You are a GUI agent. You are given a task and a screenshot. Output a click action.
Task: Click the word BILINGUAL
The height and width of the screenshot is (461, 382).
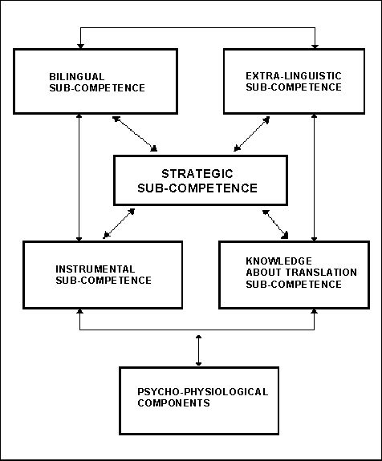(76, 77)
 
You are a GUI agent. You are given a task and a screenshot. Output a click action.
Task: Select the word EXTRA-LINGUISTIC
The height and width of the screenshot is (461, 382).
(294, 76)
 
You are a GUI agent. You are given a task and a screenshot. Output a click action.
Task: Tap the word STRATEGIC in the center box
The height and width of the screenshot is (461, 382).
(197, 174)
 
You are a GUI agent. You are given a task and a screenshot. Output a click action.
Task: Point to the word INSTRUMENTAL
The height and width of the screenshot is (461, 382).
(95, 269)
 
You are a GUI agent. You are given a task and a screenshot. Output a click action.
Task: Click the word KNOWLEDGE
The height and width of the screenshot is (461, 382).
(279, 261)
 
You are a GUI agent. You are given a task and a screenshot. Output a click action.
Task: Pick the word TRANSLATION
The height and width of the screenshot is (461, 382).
(318, 273)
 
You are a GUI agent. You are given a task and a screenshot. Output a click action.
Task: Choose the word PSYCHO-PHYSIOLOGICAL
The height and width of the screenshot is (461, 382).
(203, 391)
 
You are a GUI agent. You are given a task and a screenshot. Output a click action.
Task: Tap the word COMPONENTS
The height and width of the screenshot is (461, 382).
(173, 402)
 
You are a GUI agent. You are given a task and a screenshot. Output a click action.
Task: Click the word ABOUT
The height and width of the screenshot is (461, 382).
(261, 273)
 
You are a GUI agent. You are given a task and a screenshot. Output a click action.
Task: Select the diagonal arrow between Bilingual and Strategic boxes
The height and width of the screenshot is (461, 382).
(135, 134)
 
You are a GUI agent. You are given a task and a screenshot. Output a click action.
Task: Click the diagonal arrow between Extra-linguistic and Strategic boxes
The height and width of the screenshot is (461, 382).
(252, 134)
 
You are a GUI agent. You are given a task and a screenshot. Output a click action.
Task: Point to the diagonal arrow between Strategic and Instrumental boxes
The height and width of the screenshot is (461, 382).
(119, 224)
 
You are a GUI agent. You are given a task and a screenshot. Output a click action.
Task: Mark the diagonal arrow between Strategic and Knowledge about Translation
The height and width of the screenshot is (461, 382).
(275, 224)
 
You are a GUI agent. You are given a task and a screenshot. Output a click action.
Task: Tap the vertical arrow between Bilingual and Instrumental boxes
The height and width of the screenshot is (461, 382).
(79, 177)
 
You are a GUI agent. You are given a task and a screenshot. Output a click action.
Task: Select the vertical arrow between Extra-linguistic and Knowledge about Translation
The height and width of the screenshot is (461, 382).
(315, 177)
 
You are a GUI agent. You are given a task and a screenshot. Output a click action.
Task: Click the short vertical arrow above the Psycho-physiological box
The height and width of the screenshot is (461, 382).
(199, 350)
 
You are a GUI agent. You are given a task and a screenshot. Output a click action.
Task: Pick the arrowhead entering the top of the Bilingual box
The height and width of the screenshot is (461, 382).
(80, 47)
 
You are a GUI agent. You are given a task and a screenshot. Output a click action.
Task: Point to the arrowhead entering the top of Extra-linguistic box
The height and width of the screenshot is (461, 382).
(315, 47)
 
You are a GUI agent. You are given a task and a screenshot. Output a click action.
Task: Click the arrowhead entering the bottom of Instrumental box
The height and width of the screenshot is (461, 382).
(79, 311)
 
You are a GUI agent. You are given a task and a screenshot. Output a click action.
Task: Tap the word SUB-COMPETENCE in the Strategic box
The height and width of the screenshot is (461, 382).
(197, 188)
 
